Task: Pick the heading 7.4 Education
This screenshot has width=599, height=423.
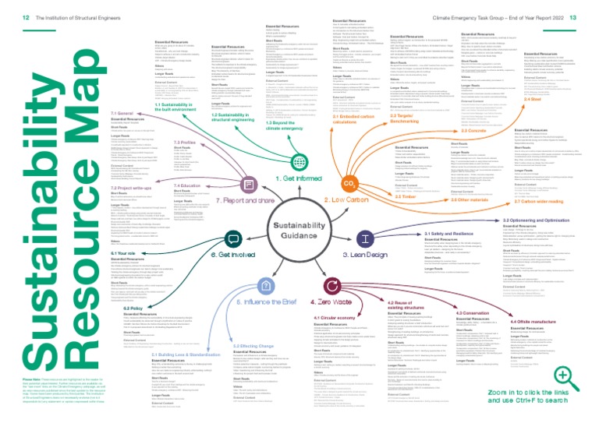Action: click(186, 185)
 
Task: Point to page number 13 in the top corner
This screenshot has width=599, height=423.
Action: click(588, 6)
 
